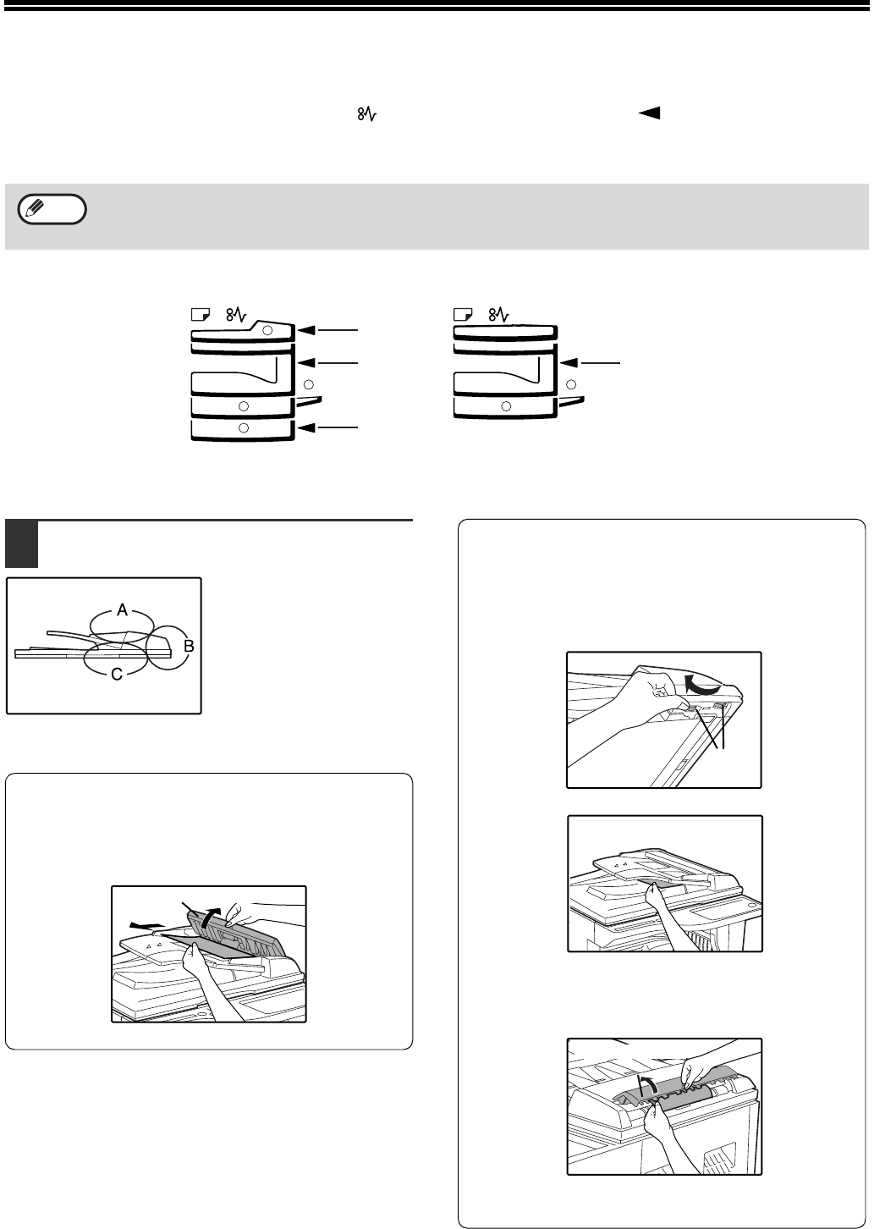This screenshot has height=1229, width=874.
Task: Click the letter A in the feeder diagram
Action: tap(123, 609)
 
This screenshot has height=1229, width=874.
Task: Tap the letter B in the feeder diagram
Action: tap(189, 647)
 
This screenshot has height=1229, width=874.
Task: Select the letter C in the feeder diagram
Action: tap(117, 674)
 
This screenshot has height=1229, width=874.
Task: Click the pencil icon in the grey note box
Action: tap(34, 208)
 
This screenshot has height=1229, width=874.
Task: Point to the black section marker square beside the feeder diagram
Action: tap(21, 543)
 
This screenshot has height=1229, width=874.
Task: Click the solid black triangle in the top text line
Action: tap(649, 113)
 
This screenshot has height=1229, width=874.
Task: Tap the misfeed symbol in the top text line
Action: tap(367, 113)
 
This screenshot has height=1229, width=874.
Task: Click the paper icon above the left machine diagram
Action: tap(201, 314)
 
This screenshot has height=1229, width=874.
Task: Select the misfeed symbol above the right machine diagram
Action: tap(498, 315)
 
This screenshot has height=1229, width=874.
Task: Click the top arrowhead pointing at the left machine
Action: tap(308, 330)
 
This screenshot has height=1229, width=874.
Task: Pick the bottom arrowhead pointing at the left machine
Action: tap(308, 427)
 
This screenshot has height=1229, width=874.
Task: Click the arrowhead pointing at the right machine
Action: tap(570, 362)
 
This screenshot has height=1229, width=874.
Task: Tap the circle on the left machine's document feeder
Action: tap(267, 330)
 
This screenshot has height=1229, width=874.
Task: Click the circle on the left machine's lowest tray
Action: tap(244, 427)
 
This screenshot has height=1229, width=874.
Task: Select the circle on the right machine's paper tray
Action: tap(506, 406)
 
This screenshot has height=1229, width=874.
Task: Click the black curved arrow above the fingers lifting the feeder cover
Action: tap(703, 684)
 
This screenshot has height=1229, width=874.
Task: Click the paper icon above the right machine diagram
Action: tap(464, 314)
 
